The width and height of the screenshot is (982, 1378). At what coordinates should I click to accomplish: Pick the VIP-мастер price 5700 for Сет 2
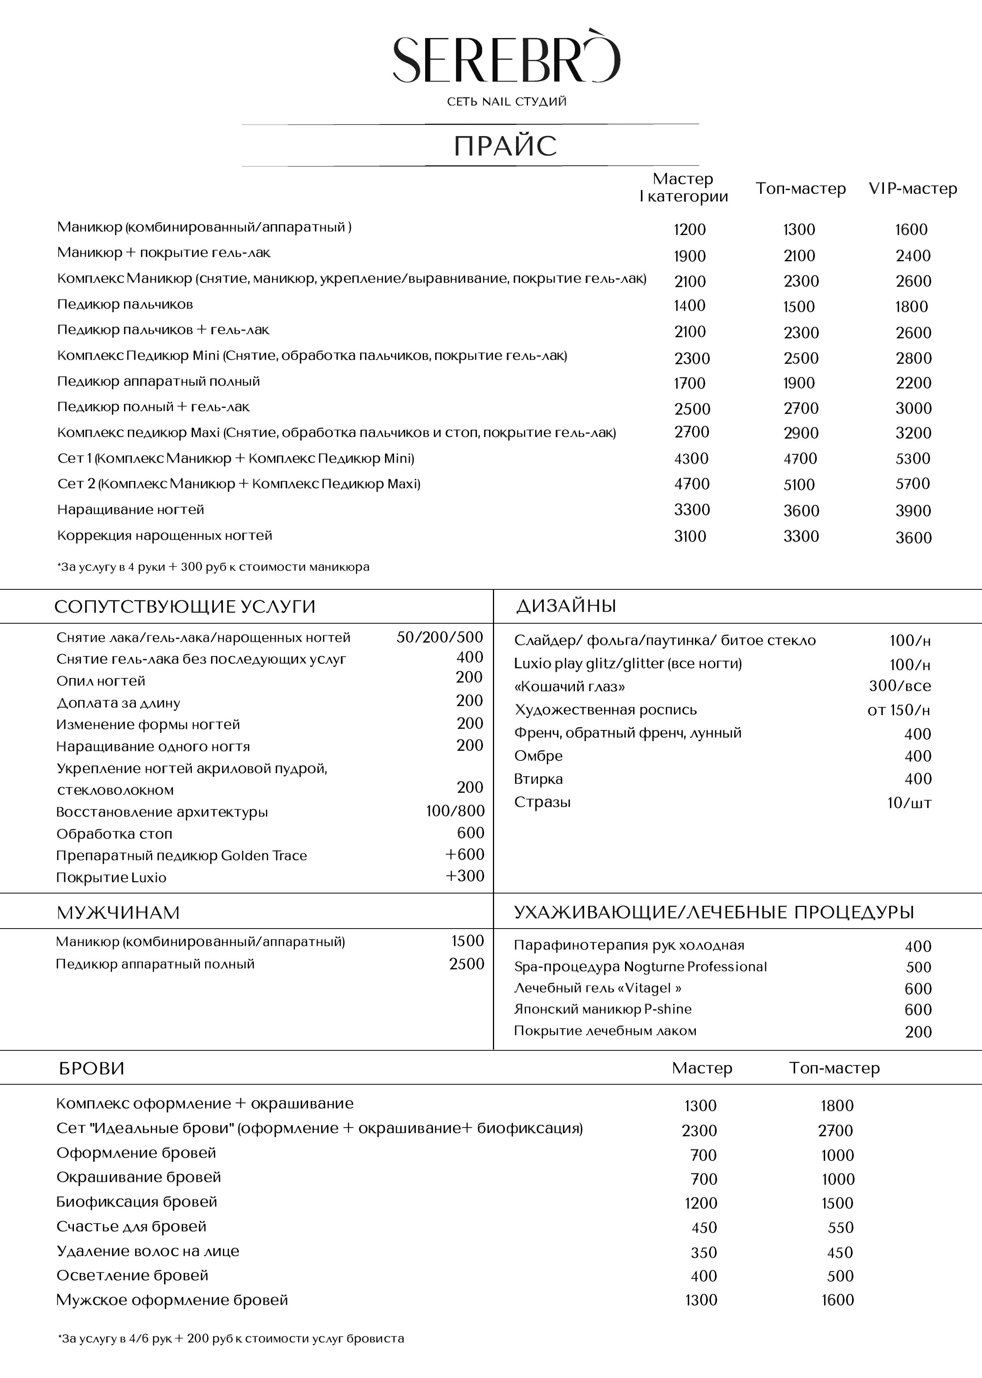point(912,484)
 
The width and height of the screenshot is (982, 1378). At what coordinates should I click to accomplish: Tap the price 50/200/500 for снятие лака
point(440,637)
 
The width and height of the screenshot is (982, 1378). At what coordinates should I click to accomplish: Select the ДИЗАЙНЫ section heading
point(566,606)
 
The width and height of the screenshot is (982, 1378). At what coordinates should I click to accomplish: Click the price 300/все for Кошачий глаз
point(900,686)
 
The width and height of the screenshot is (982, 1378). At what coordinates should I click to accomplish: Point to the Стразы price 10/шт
point(909,803)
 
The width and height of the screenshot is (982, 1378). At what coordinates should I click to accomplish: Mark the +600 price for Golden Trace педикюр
point(464,855)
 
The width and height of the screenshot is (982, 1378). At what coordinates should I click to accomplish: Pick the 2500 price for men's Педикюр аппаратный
point(466,964)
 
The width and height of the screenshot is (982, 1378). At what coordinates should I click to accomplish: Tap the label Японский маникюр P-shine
point(602,1010)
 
